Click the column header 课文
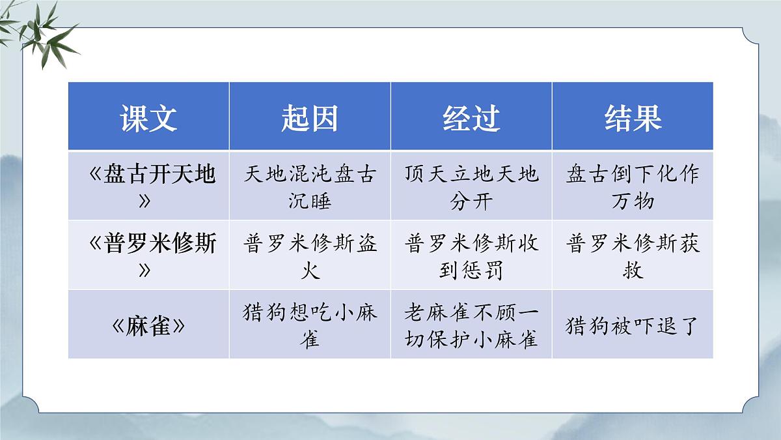click(x=148, y=118)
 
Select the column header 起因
click(x=310, y=118)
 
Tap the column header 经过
click(x=471, y=118)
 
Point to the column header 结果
click(x=633, y=118)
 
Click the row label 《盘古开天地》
click(x=148, y=186)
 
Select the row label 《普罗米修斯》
click(x=148, y=256)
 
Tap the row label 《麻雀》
click(x=148, y=325)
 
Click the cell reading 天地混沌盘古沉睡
click(x=310, y=186)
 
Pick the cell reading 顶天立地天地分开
click(x=471, y=186)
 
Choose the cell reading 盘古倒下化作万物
click(x=633, y=186)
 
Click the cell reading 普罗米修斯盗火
click(x=310, y=256)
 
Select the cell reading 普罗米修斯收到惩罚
click(x=471, y=256)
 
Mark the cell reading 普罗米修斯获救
click(x=633, y=256)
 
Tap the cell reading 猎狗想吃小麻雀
click(x=310, y=325)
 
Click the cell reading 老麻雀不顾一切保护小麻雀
click(x=471, y=325)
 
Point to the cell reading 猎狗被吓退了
click(x=633, y=325)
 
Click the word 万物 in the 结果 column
click(x=633, y=200)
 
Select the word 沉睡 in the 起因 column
click(x=310, y=200)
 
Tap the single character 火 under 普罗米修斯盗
click(x=310, y=269)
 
